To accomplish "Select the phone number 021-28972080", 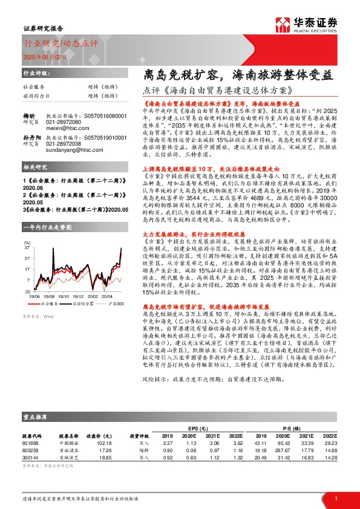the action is click(x=64, y=122).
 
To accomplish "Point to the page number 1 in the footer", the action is click(x=335, y=499).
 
